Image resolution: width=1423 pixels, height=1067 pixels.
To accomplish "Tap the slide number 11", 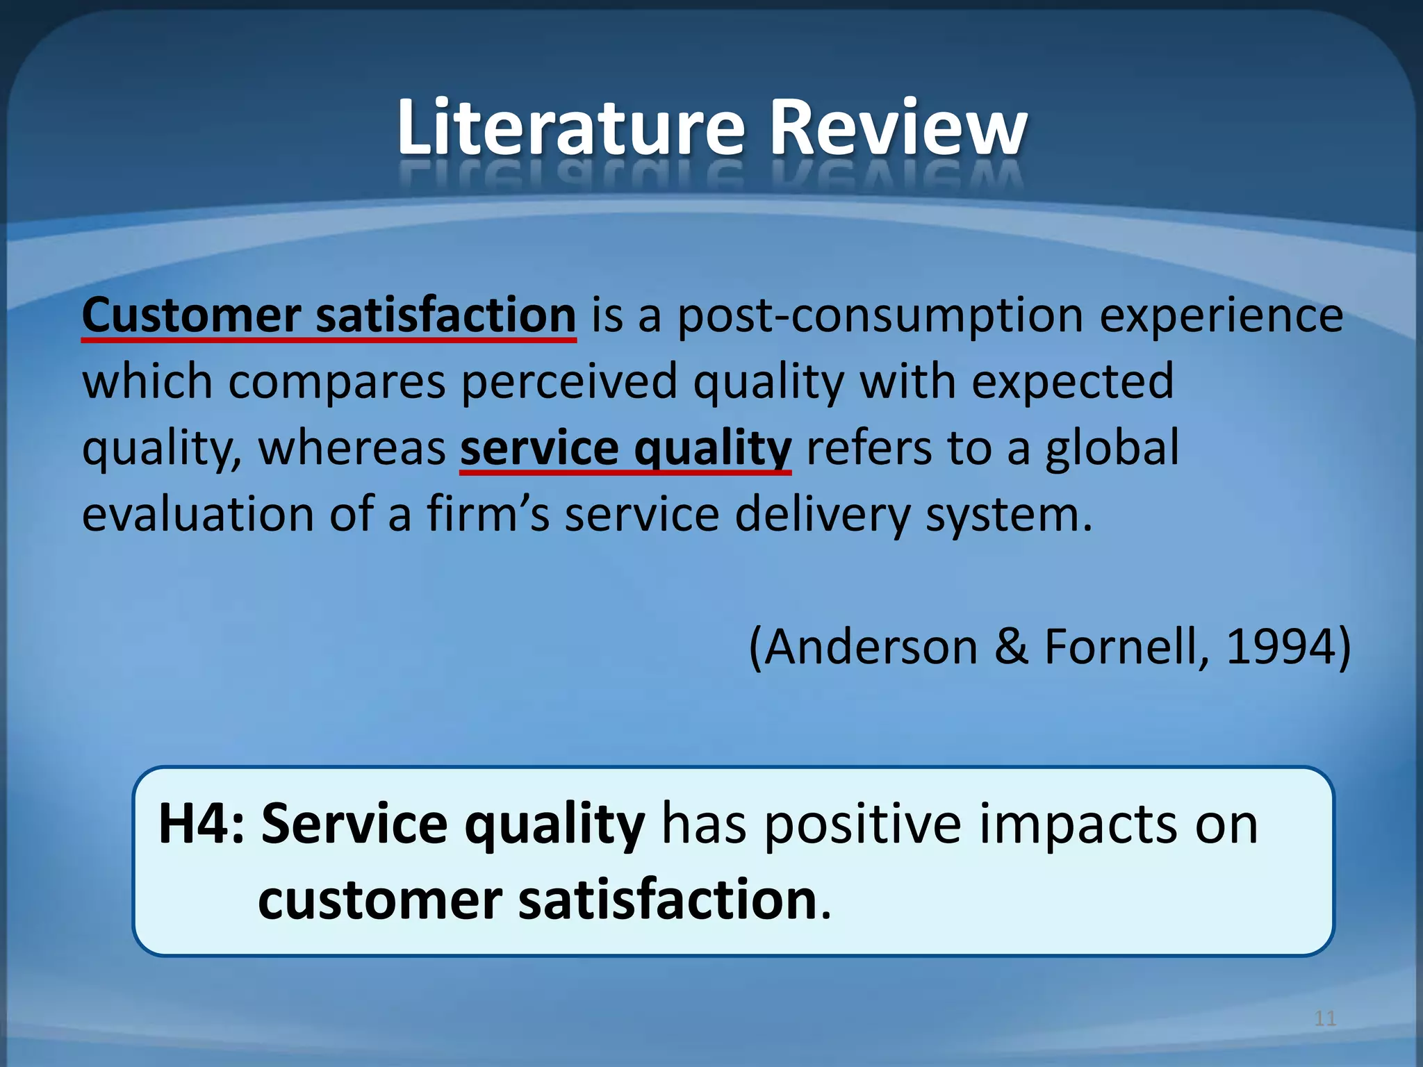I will pyautogui.click(x=1325, y=1018).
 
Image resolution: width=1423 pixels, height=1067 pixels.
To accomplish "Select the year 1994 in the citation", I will pyautogui.click(x=1279, y=647).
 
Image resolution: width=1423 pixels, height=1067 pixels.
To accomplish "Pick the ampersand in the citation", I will pyautogui.click(x=1011, y=647).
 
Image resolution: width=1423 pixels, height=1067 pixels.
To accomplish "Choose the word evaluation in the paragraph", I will pyautogui.click(x=198, y=515).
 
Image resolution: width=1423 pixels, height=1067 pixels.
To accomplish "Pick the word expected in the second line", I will pyautogui.click(x=1072, y=382).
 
